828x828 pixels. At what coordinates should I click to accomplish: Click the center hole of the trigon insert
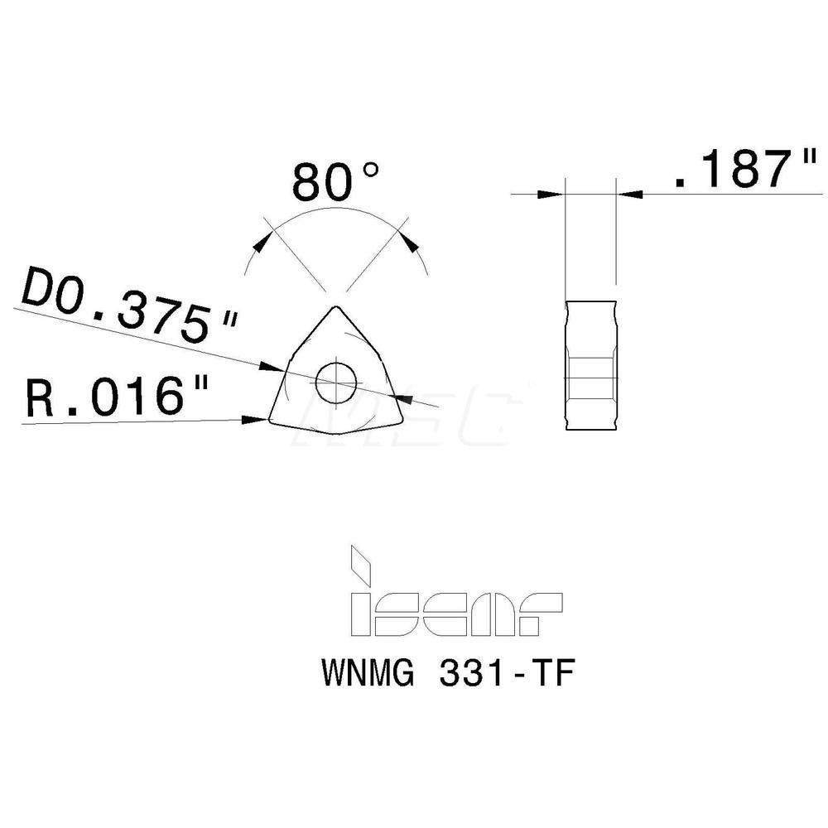pos(335,382)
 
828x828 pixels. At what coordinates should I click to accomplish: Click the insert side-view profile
pos(590,365)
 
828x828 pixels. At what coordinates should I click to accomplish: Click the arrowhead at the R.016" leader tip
pos(252,421)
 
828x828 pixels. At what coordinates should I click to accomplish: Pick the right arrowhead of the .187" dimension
pos(630,195)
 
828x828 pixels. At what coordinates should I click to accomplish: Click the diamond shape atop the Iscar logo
pos(360,562)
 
